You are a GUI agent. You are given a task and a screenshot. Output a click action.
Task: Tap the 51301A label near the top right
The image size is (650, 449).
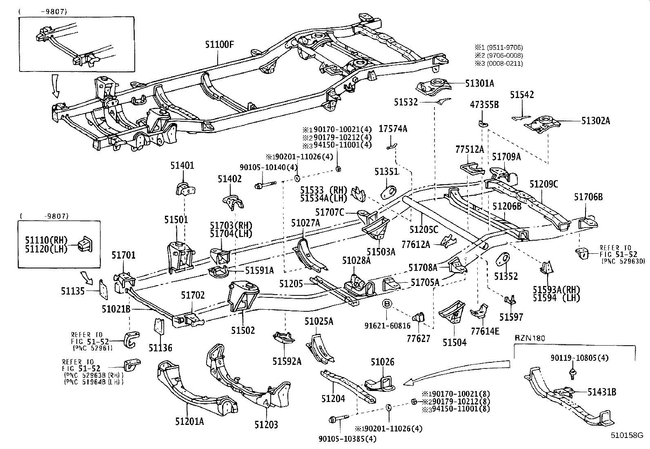479,83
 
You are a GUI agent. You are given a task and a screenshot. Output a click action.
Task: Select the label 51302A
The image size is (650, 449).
596,121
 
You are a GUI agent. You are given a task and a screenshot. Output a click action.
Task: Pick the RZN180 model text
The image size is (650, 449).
530,338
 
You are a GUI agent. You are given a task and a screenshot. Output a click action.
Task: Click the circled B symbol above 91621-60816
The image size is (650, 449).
387,304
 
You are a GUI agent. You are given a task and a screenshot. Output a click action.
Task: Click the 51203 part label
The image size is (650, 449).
266,425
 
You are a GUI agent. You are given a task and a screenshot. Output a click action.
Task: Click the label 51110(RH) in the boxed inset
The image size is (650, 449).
51,240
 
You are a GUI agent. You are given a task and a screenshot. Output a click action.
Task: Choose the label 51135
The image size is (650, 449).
73,291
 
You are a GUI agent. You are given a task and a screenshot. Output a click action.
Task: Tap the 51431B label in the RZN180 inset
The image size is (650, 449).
601,392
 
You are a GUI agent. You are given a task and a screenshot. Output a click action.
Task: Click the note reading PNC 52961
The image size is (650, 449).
92,348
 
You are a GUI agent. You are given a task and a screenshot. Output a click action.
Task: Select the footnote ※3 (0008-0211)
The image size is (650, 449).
498,63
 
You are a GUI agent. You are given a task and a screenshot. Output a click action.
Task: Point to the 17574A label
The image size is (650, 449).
393,129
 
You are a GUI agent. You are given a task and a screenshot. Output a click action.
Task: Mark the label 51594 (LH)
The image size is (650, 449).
556,297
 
